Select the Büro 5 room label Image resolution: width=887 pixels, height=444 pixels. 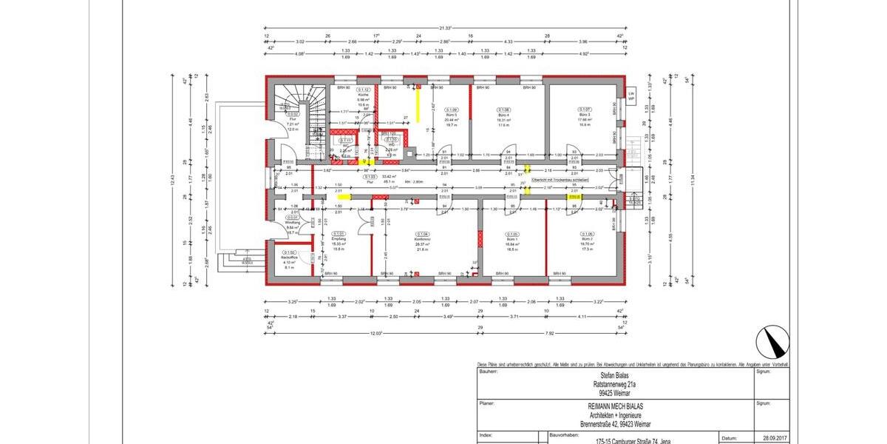[451, 115]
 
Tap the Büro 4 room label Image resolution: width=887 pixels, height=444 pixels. [505, 115]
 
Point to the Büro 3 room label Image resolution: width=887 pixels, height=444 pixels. [584, 115]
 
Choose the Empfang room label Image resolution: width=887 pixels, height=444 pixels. [339, 239]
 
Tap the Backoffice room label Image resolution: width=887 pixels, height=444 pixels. [288, 257]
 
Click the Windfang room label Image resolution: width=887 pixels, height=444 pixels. [290, 222]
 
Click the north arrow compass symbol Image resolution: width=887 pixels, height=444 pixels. [772, 343]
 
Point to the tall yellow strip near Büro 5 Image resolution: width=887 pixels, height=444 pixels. [418, 104]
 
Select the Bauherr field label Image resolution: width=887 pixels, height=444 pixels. [488, 372]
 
